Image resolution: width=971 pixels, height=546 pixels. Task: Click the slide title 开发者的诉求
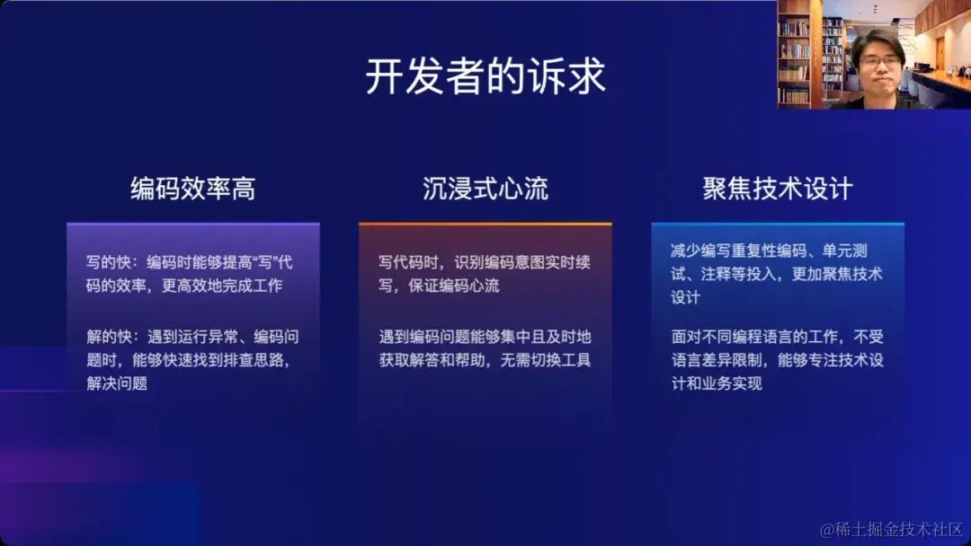pos(485,77)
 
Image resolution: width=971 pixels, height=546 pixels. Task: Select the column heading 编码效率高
pos(192,189)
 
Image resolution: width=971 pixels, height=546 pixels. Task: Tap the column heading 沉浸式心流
pos(485,189)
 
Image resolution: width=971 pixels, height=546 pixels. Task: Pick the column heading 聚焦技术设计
pos(778,189)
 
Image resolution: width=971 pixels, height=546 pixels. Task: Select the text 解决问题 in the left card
pos(117,383)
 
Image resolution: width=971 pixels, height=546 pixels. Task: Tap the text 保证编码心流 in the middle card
pos(439,286)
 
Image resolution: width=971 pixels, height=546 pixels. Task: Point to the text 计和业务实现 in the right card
pos(717,383)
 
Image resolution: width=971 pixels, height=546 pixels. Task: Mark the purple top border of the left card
pos(192,224)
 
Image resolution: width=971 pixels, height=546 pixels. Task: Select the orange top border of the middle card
pos(485,224)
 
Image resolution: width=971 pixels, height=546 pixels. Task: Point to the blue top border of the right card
pos(778,224)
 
